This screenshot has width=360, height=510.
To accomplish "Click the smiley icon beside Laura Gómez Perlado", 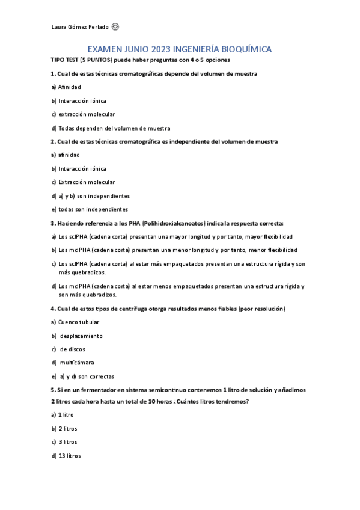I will pyautogui.click(x=115, y=26).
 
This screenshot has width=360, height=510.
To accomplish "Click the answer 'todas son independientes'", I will pyautogui.click(x=93, y=209).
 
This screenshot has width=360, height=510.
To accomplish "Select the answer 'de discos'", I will pyautogui.click(x=73, y=349).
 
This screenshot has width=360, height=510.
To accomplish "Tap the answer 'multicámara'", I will pyautogui.click(x=77, y=363).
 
